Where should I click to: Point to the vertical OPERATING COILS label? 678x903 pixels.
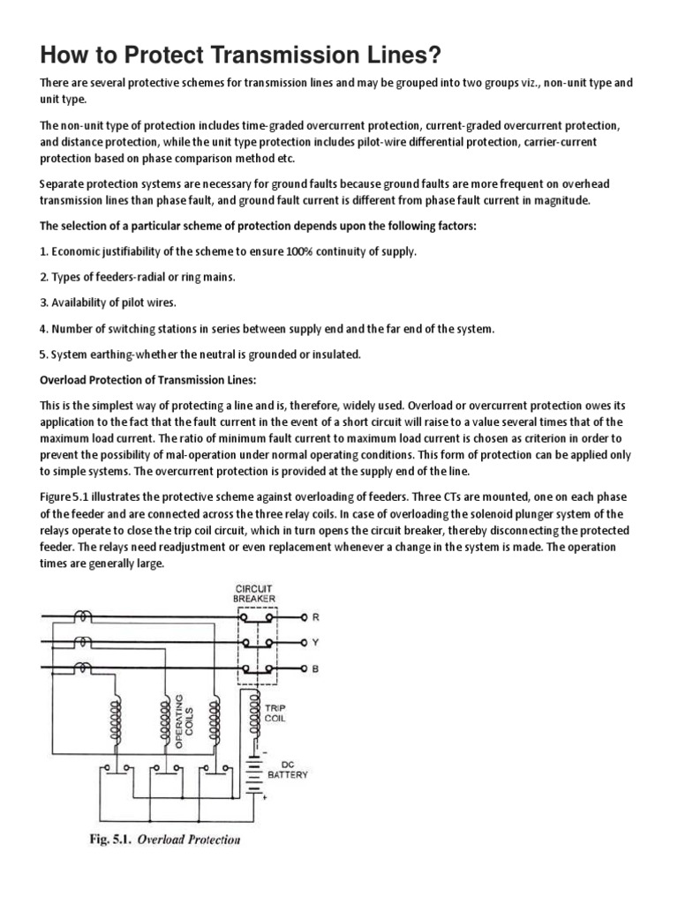click(185, 721)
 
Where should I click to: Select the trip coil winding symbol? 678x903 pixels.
click(256, 716)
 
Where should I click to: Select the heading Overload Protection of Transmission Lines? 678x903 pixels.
click(147, 379)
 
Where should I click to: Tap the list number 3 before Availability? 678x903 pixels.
click(44, 302)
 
